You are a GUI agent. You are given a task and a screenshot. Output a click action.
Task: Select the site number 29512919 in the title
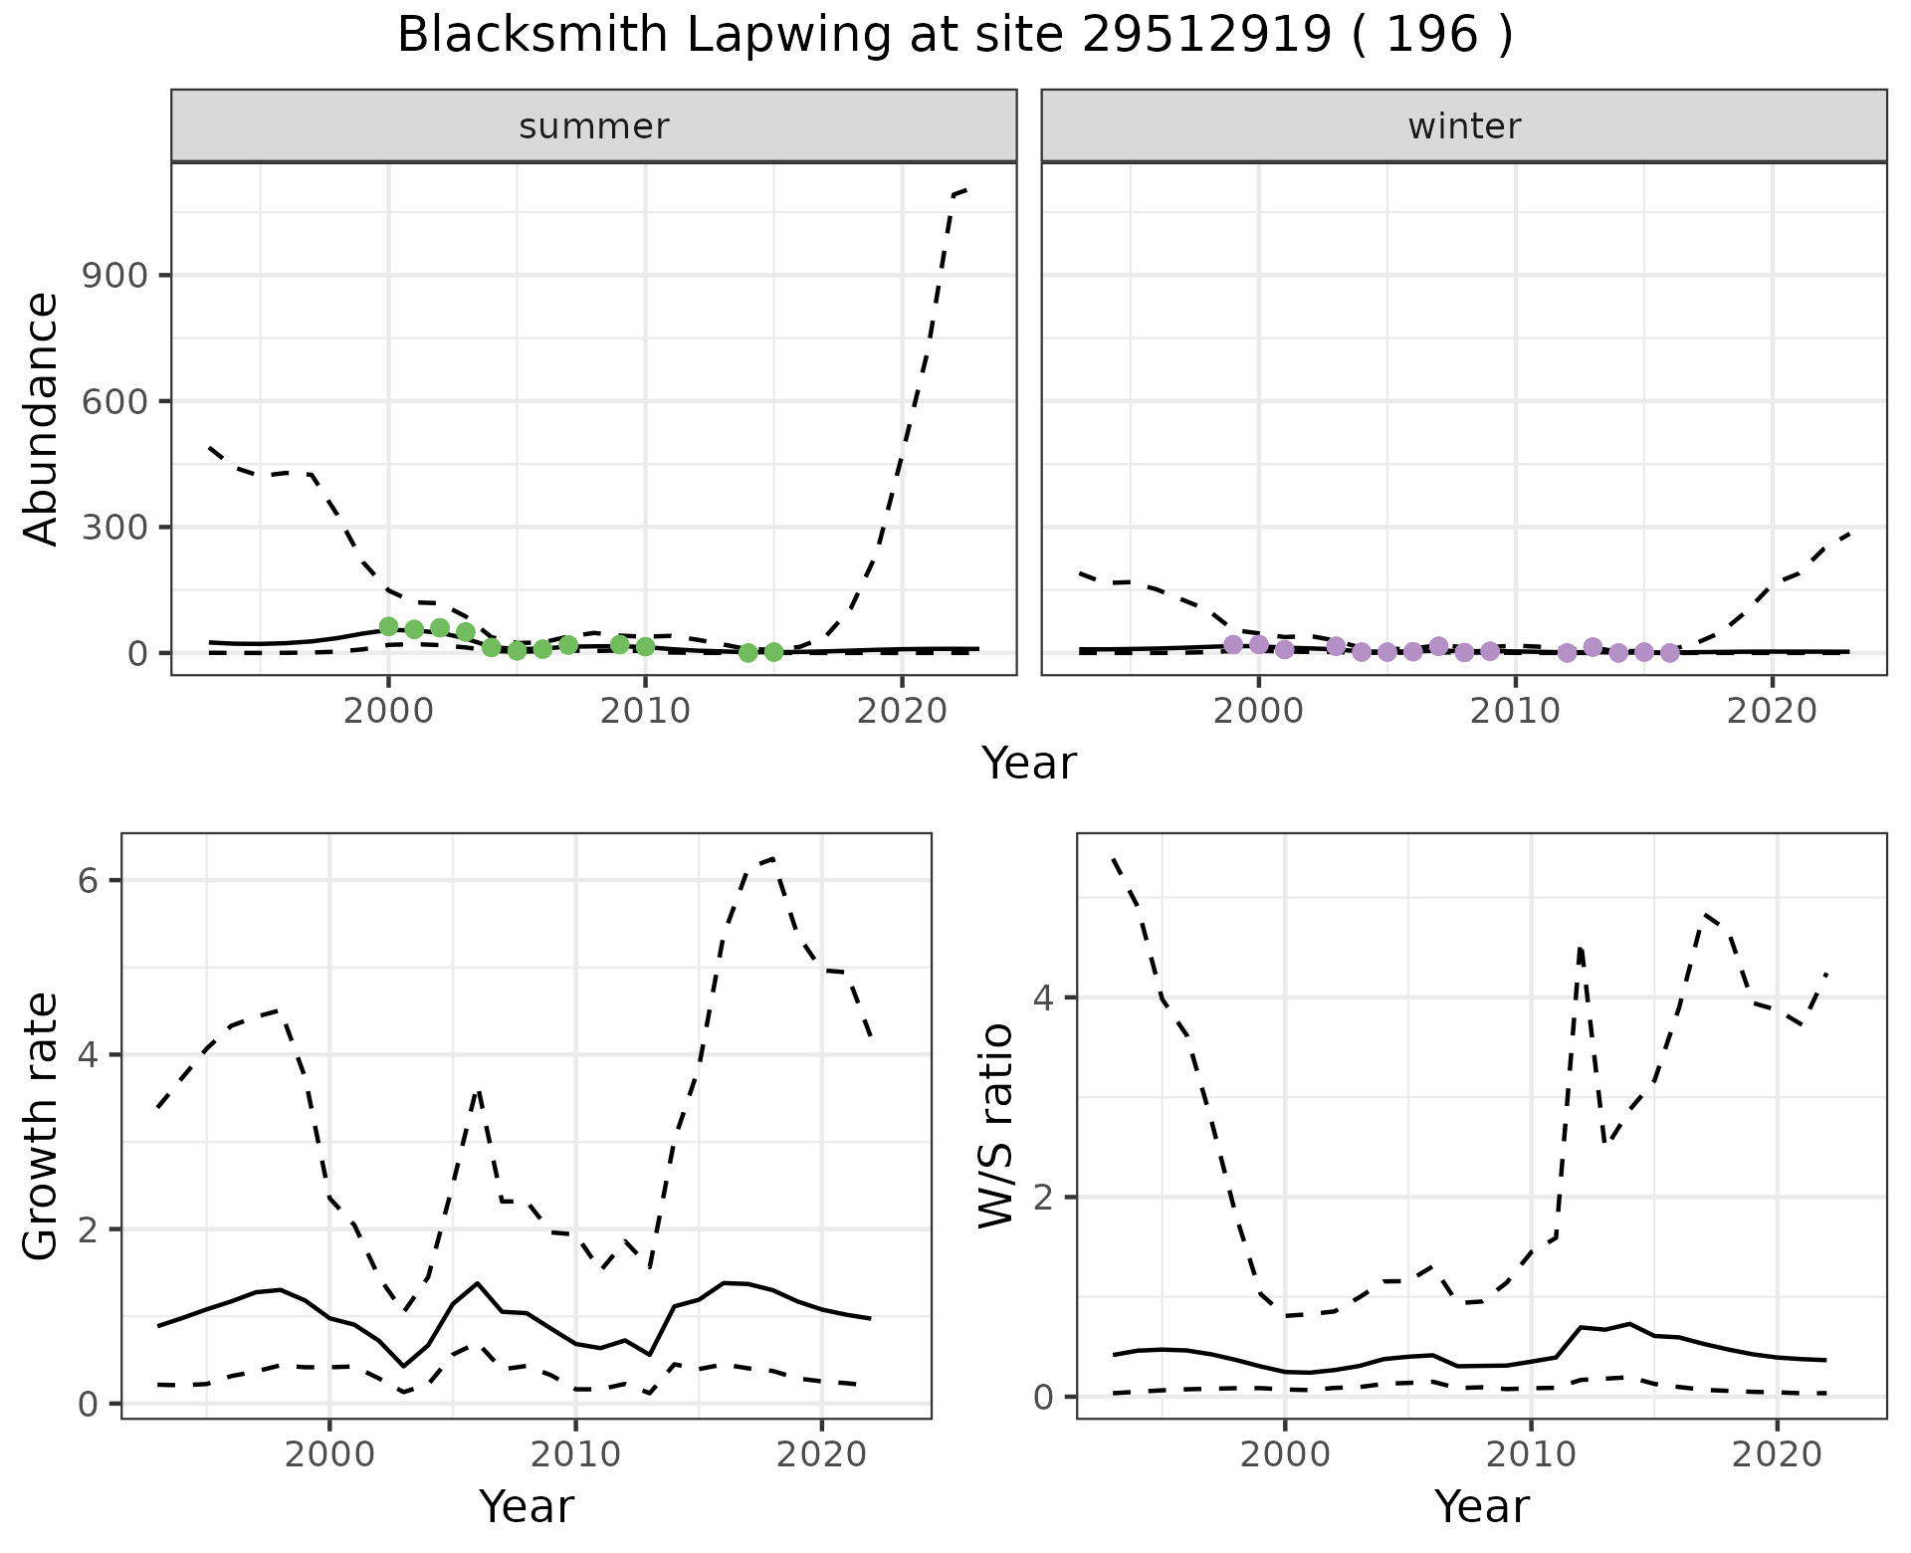click(1206, 36)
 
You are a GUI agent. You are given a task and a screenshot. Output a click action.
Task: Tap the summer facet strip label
click(594, 126)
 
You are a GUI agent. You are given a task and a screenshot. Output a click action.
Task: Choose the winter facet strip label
click(1464, 126)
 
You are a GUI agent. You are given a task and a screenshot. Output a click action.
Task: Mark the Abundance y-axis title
click(42, 418)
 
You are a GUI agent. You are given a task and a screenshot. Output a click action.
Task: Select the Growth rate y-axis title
click(42, 1127)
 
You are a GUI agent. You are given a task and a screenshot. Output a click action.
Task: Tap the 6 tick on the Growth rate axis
click(98, 881)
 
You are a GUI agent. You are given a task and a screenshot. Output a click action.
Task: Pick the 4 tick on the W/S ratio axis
click(1053, 998)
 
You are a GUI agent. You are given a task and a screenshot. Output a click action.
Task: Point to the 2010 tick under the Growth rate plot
click(575, 1454)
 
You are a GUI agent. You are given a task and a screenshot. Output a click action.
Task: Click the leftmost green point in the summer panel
click(388, 626)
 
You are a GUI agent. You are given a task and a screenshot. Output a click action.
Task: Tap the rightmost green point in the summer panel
click(773, 652)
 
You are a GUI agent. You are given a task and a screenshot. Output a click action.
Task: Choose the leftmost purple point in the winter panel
click(1233, 644)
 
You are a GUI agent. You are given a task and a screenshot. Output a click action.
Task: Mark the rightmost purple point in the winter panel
click(1669, 653)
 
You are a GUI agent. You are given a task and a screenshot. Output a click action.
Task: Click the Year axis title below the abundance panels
click(1029, 764)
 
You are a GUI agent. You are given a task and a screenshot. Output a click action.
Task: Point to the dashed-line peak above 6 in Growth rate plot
click(772, 858)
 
